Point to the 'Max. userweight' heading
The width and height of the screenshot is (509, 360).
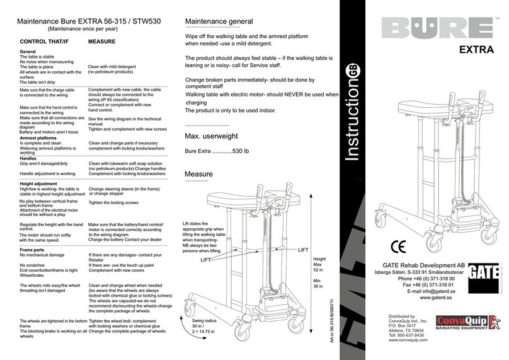[215, 137]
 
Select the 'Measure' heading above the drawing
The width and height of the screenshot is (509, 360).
[198, 174]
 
